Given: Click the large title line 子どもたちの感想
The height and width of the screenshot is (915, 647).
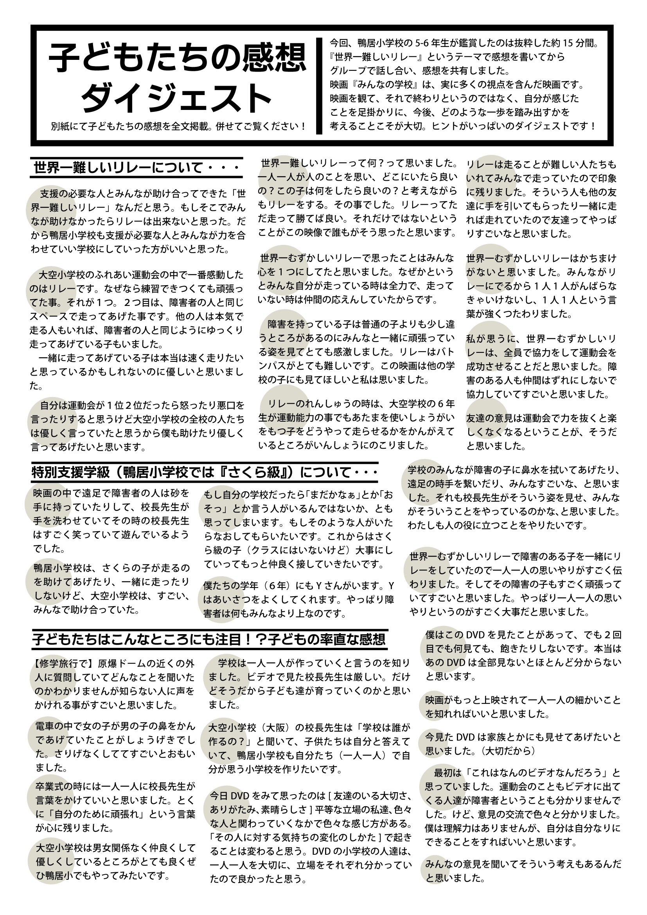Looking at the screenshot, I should [178, 59].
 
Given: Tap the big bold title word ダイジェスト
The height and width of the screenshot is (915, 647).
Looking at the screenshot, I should [178, 98].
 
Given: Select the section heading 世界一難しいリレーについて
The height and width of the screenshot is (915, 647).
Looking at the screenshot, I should [136, 168].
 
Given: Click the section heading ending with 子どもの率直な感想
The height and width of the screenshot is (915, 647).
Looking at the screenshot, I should [209, 639].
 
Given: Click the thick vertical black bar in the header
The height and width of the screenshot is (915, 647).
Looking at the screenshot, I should [319, 86].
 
